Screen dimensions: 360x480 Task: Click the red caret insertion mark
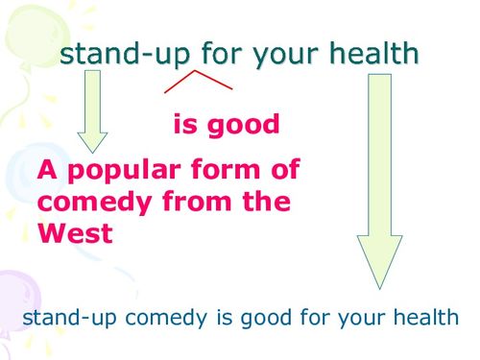(199, 81)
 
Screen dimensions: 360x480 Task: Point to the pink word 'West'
(75, 232)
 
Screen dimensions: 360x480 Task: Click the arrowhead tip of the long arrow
(379, 286)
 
